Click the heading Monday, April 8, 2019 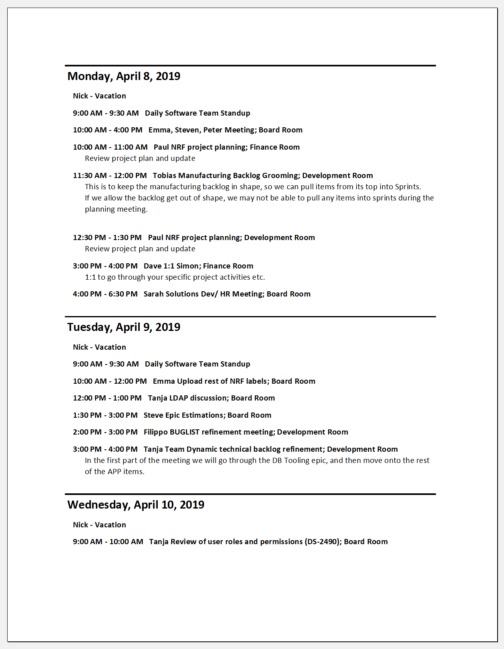tap(124, 76)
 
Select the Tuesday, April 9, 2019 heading tap(124, 327)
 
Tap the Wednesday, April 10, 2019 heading tap(136, 505)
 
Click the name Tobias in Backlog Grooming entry tap(164, 175)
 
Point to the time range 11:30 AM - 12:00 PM tap(110, 175)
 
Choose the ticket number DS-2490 tap(323, 541)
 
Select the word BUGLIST tap(185, 432)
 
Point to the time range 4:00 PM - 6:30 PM tap(105, 294)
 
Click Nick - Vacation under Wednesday tap(99, 525)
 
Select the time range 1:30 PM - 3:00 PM tap(105, 415)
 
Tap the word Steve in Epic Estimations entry tap(153, 415)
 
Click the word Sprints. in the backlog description tap(408, 186)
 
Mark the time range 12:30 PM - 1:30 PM tap(107, 237)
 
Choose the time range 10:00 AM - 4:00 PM tap(108, 130)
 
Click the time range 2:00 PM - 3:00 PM tap(105, 432)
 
